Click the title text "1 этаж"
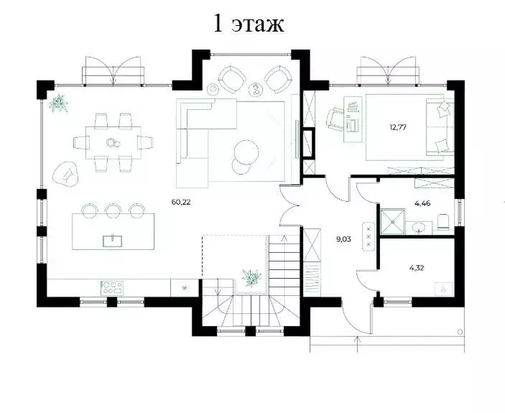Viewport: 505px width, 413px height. pyautogui.click(x=249, y=24)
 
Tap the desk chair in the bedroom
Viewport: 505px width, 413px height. pyautogui.click(x=337, y=119)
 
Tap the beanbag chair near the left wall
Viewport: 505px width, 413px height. pyautogui.click(x=66, y=173)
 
